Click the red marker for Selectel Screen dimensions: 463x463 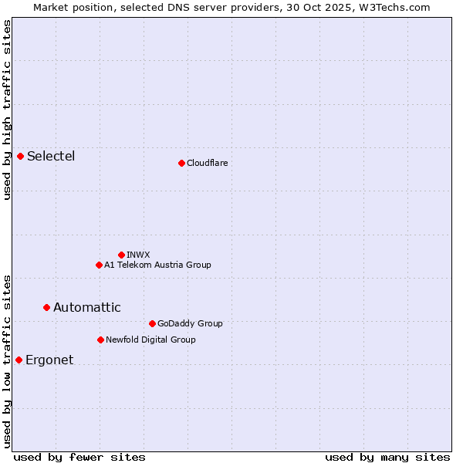(x=21, y=157)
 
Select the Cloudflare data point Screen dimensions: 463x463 (x=181, y=163)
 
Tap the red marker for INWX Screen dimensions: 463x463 (x=121, y=255)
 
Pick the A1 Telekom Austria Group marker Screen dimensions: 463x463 (x=99, y=265)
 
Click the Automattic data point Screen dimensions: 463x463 (x=47, y=307)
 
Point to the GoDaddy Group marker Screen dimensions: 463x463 (x=152, y=323)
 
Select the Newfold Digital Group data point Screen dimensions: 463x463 (x=100, y=340)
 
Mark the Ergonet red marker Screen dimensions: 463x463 (x=19, y=360)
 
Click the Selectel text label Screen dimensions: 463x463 (x=51, y=157)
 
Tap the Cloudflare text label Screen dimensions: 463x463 (x=207, y=163)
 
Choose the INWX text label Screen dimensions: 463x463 (x=138, y=255)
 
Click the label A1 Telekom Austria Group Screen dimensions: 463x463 (x=157, y=265)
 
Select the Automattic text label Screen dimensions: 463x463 (x=86, y=307)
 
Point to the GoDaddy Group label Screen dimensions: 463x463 (x=190, y=323)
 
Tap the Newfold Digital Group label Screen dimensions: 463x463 (x=150, y=340)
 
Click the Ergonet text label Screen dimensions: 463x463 (x=49, y=360)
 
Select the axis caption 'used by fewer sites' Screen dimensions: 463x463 (x=79, y=457)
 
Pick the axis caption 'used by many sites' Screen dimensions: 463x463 (x=387, y=457)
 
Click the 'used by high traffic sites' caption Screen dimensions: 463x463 (x=7, y=110)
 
